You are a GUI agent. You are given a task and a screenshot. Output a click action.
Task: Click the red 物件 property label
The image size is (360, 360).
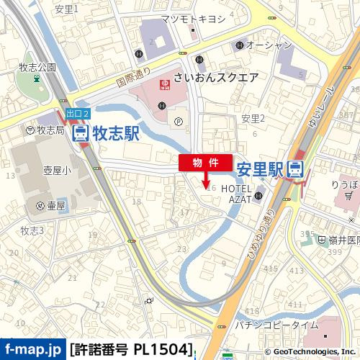tap(205, 163)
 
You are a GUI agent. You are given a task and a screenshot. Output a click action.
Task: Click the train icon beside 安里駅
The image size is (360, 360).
tap(294, 170)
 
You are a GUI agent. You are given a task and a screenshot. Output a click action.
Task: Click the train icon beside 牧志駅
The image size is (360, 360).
tap(81, 133)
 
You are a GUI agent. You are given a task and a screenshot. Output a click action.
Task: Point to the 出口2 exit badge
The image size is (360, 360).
tap(77, 114)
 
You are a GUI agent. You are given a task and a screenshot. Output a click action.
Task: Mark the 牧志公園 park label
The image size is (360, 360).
tap(37, 67)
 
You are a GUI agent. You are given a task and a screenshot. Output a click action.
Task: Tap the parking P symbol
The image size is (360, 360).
tap(178, 122)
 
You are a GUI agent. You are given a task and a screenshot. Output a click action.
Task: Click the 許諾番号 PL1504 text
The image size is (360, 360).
tap(131, 351)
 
